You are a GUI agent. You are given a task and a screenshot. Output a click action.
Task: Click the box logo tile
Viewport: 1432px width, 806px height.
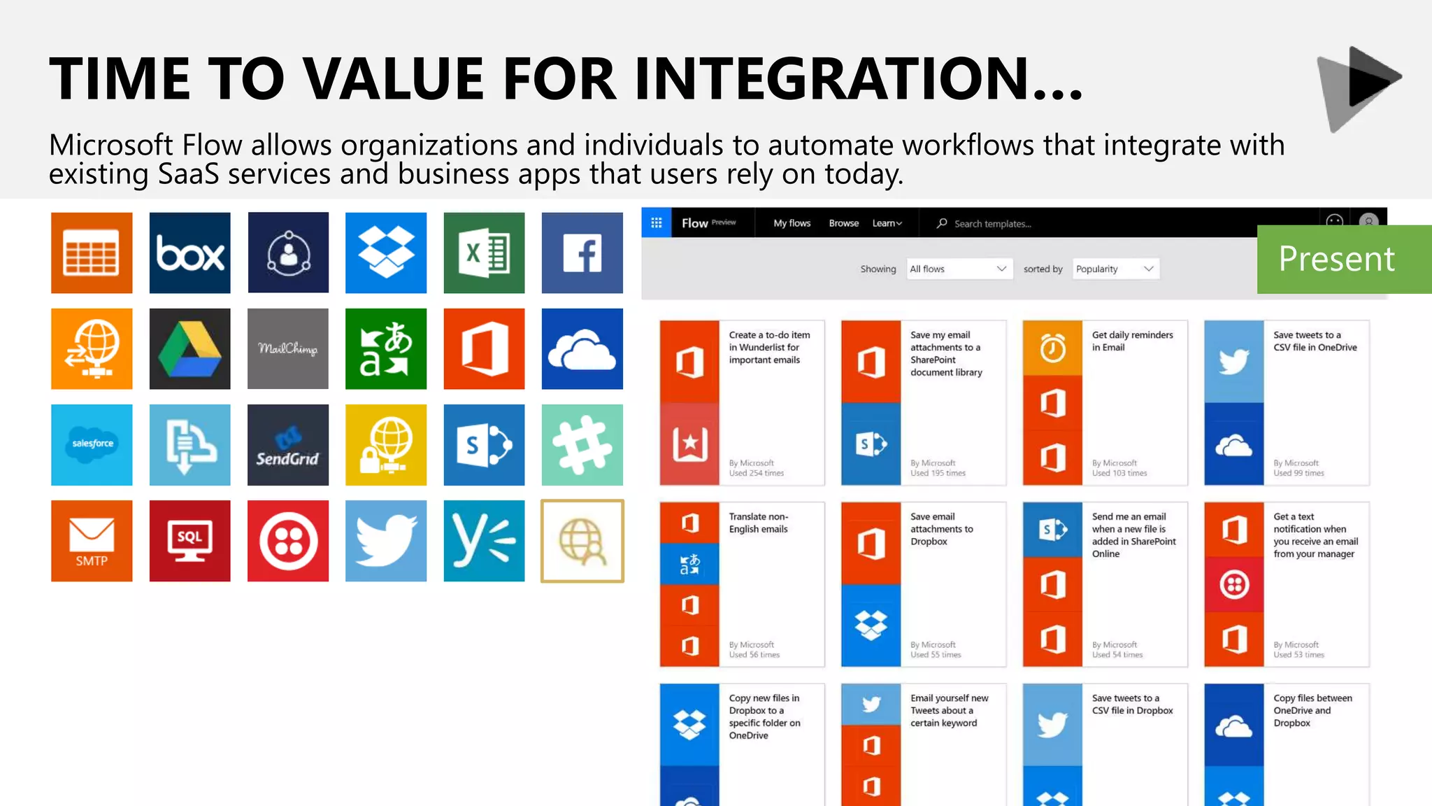(189, 253)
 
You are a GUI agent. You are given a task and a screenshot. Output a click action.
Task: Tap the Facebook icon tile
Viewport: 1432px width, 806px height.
(582, 253)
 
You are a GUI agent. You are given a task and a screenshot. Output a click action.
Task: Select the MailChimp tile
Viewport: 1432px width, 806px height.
(287, 348)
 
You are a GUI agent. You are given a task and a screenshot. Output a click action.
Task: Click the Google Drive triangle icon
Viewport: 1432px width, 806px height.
(189, 348)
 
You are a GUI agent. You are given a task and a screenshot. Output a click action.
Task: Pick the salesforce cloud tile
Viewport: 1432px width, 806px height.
(92, 444)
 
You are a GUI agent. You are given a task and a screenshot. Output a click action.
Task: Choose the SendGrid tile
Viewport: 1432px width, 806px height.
(287, 444)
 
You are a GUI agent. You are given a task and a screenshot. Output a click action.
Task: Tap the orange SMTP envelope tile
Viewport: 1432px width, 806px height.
(92, 540)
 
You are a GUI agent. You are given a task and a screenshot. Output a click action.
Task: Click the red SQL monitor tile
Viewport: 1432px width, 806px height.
(189, 540)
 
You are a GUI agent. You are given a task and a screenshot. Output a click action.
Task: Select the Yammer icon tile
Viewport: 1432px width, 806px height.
(484, 540)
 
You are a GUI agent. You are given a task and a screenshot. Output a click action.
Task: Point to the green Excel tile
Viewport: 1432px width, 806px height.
(484, 253)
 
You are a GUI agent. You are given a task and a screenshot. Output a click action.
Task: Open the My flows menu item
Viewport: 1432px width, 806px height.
(792, 223)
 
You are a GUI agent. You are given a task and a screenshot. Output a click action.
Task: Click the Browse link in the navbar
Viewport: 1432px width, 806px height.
(843, 223)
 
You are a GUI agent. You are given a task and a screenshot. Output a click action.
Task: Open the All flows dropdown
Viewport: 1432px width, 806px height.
(958, 269)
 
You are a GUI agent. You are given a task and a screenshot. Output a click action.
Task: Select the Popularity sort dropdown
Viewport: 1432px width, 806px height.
(1115, 269)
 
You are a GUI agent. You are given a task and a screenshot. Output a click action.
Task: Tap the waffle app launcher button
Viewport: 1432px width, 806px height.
(657, 222)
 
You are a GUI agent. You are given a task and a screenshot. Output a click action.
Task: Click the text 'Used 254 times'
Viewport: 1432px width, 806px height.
(756, 474)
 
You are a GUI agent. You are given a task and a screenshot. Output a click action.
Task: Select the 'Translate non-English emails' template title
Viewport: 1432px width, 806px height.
(759, 523)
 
